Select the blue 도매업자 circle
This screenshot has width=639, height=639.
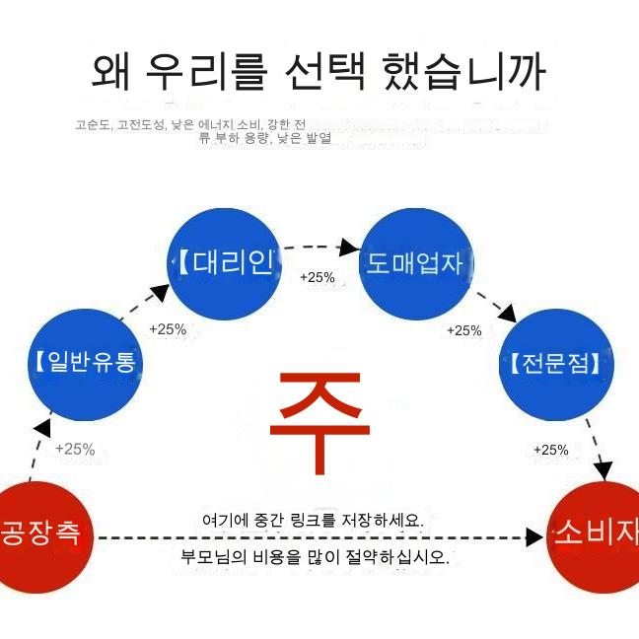tap(415, 263)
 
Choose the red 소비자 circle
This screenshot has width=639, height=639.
tap(597, 535)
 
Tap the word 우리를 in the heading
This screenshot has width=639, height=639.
tap(205, 71)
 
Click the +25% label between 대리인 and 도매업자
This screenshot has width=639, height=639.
tap(318, 277)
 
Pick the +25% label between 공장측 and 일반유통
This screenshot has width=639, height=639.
tap(75, 449)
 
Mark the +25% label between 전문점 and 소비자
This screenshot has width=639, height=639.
tap(551, 450)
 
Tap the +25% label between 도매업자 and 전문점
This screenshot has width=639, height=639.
tap(463, 330)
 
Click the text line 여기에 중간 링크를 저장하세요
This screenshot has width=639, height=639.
tap(313, 520)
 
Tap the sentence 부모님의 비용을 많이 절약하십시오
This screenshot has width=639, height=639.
tap(315, 556)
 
